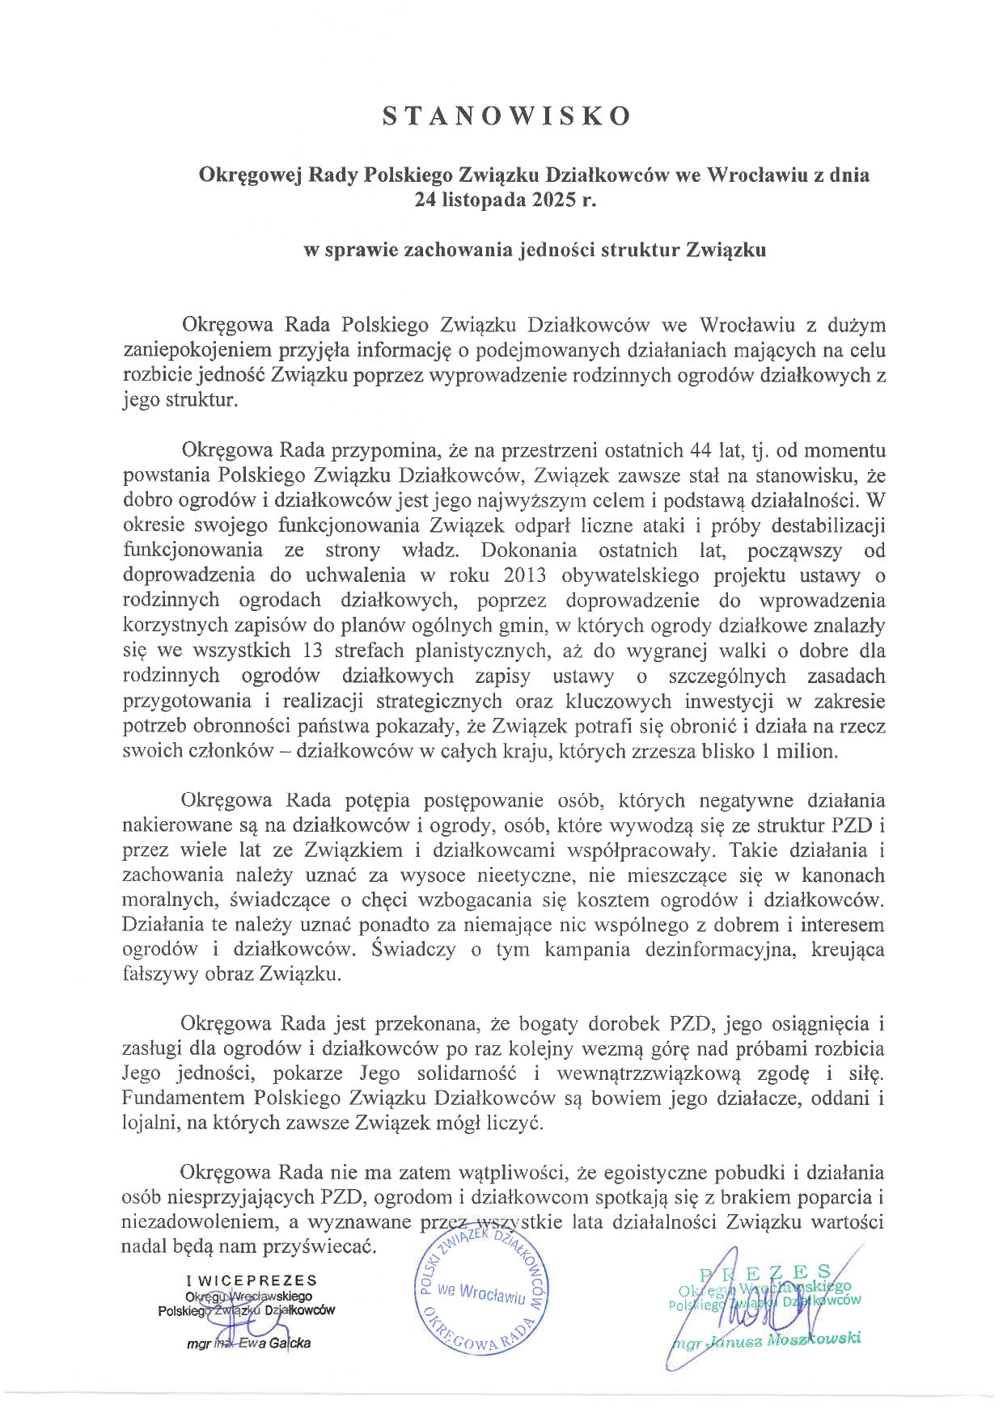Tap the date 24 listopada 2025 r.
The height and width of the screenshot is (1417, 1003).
[505, 200]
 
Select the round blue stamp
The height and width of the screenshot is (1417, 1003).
[481, 1295]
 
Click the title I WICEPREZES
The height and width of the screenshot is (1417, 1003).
[252, 1280]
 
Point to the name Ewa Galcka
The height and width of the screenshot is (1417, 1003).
[272, 1343]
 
